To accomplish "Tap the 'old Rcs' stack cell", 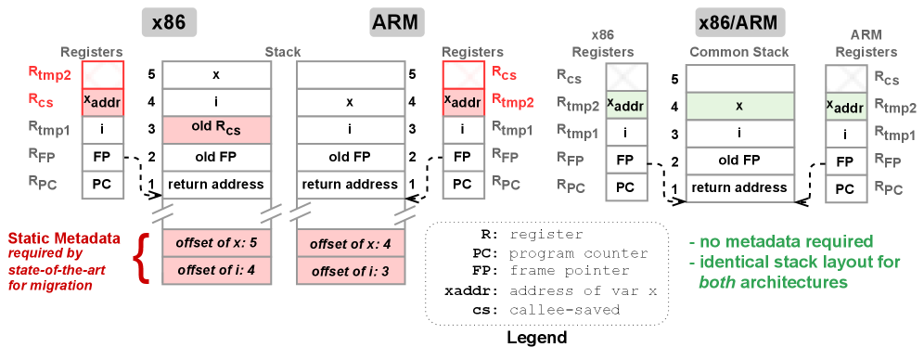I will click(216, 130).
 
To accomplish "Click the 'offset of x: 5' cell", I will click(216, 243).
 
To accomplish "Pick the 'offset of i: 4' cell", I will click(216, 271).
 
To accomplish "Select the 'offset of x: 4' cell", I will click(351, 243).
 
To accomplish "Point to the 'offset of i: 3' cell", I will click(351, 271).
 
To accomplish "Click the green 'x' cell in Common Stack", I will click(739, 106).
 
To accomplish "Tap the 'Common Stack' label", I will click(739, 52).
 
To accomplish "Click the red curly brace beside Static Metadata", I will click(143, 259).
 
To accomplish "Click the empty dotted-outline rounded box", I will click(546, 273).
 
